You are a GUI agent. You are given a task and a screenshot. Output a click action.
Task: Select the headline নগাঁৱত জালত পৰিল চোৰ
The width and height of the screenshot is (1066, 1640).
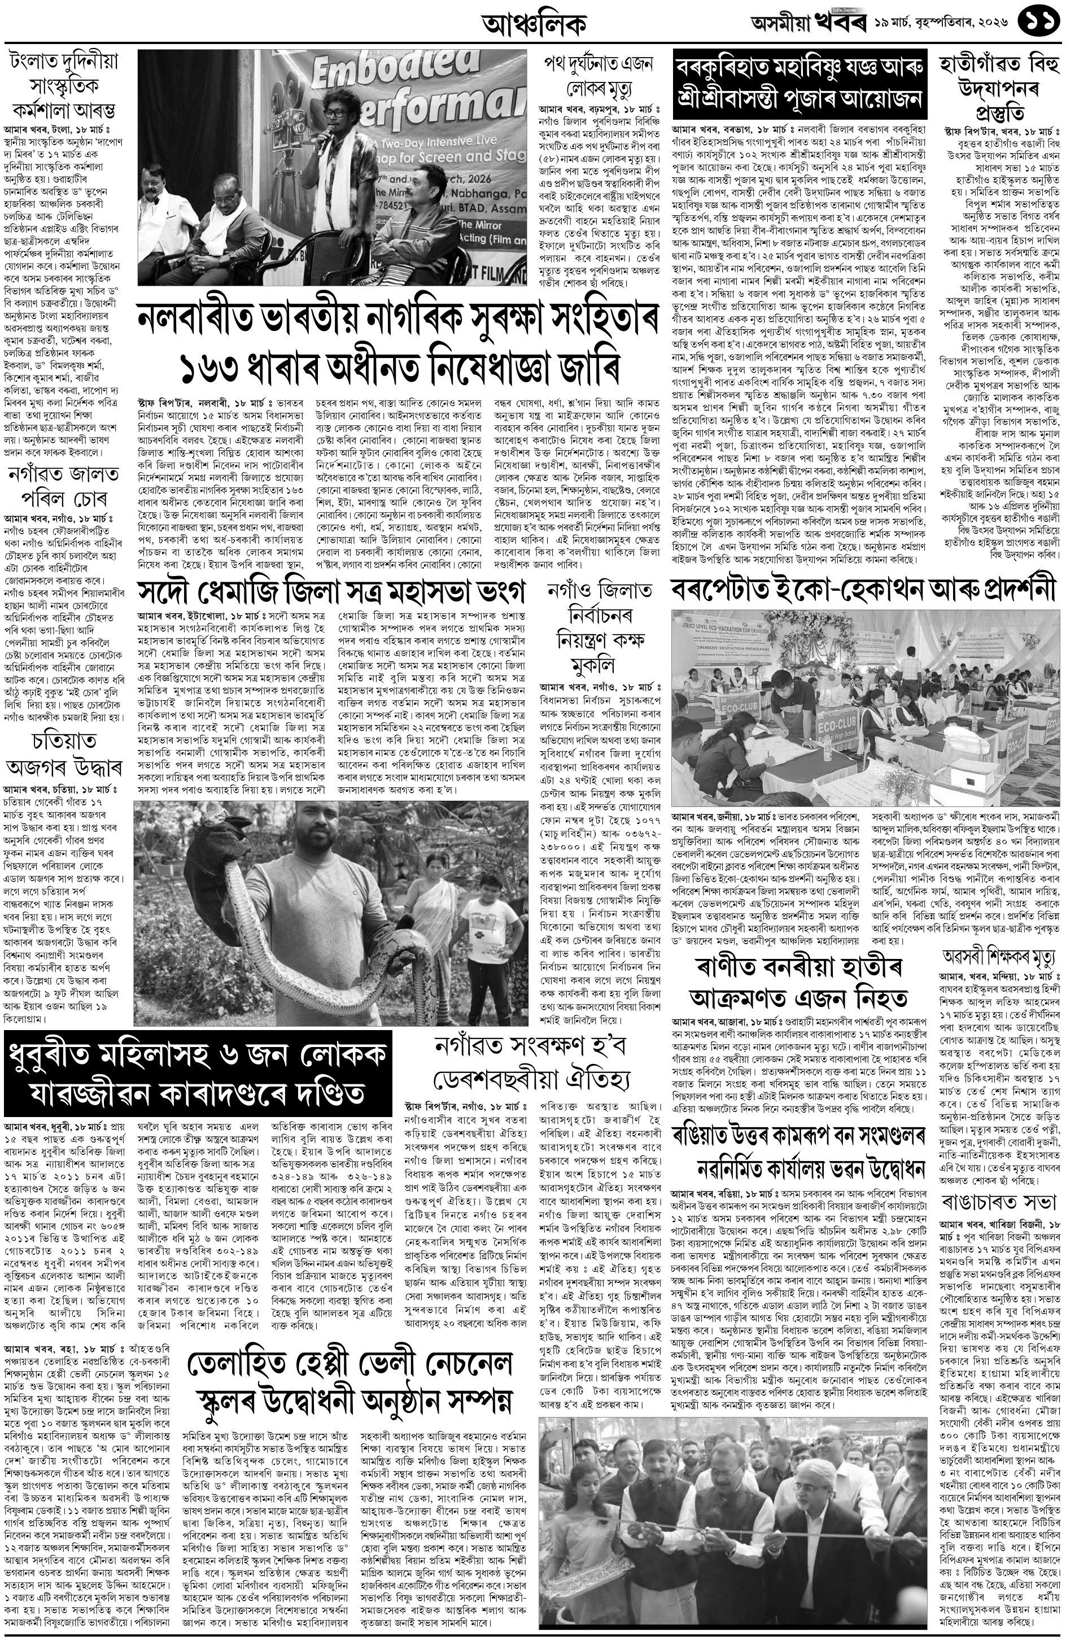click(63, 488)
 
